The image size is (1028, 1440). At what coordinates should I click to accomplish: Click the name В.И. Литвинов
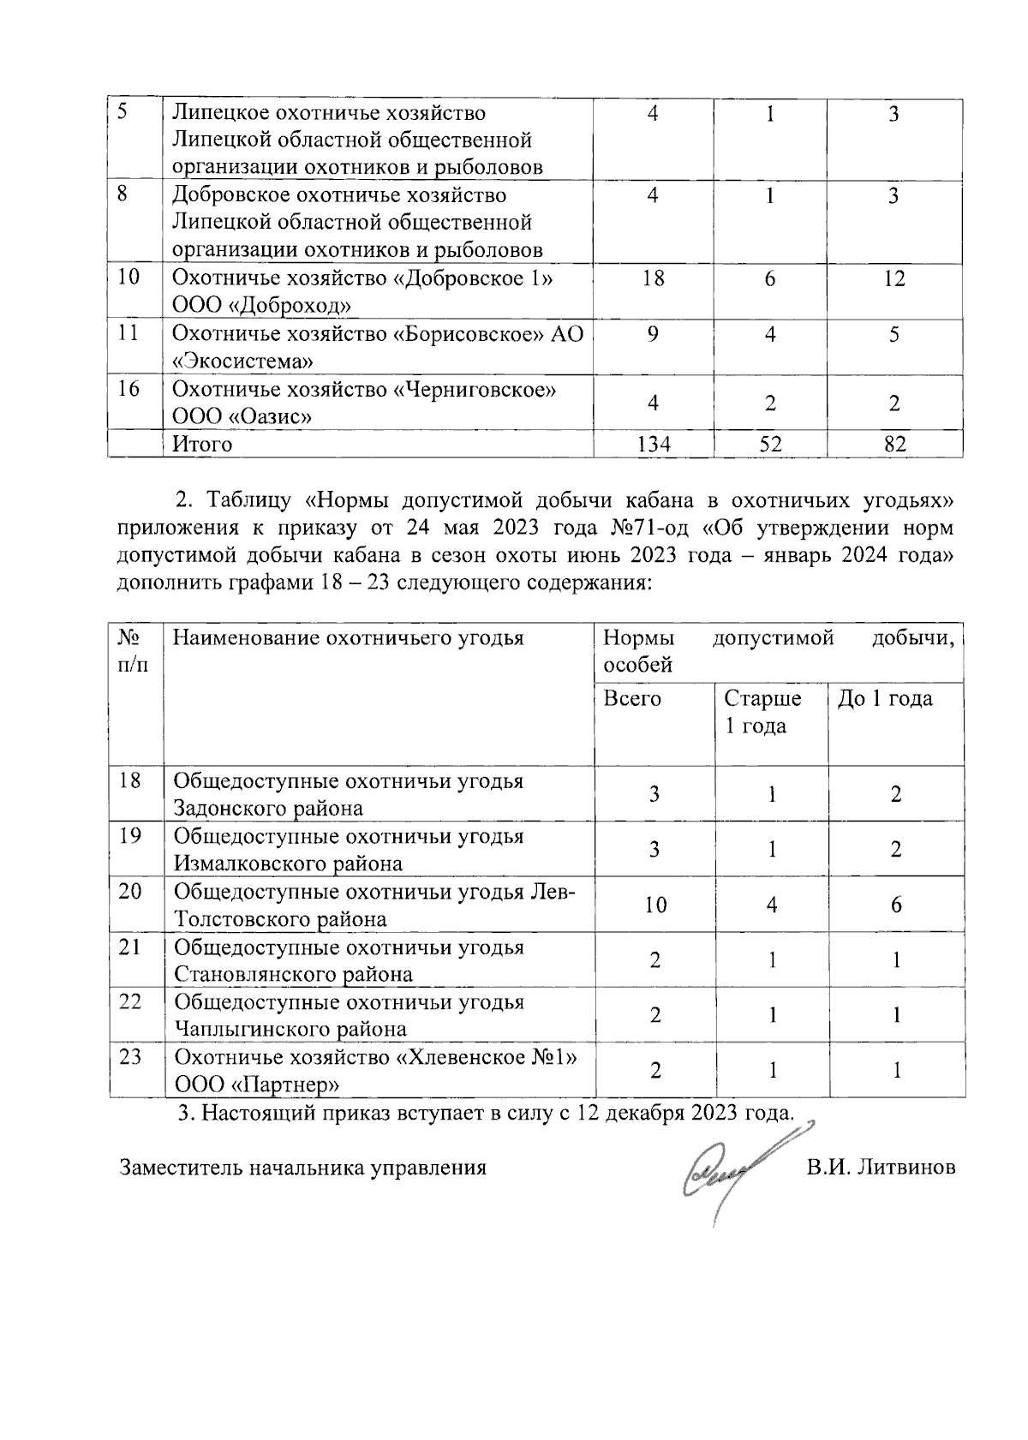click(881, 1168)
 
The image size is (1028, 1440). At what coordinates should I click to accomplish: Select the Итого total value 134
click(653, 444)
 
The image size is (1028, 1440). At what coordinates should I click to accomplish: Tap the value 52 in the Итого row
click(770, 444)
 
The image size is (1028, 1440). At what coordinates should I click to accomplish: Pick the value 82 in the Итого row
click(894, 444)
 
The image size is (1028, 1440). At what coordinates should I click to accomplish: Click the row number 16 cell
click(129, 389)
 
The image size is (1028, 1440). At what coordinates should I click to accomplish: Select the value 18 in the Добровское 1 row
click(653, 278)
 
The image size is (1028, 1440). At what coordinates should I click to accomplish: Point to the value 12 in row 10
click(894, 278)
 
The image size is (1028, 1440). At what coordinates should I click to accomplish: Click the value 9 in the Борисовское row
click(653, 334)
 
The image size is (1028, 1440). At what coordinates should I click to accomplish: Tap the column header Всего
click(632, 699)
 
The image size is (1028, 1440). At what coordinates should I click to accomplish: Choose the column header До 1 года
click(885, 699)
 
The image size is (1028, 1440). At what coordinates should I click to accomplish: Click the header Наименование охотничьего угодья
click(348, 638)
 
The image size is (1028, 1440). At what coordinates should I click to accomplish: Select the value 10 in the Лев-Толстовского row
click(655, 905)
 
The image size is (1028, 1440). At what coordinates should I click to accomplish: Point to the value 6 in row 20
click(896, 905)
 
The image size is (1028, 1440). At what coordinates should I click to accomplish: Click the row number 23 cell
click(130, 1057)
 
